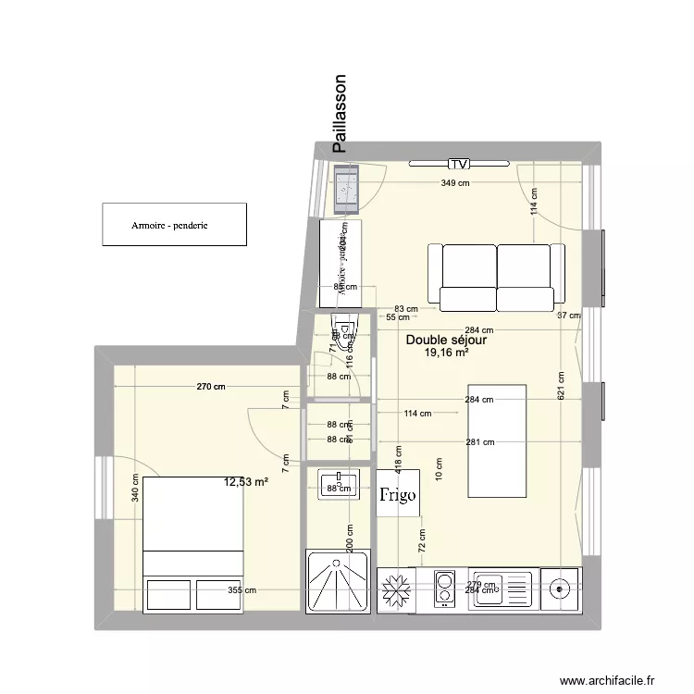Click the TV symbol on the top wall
pyautogui.click(x=458, y=164)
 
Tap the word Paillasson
pyautogui.click(x=340, y=113)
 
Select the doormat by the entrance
pyautogui.click(x=347, y=185)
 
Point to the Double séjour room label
pyautogui.click(x=446, y=341)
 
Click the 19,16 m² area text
pyautogui.click(x=446, y=353)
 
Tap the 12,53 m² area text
pyautogui.click(x=245, y=481)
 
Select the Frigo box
pyautogui.click(x=398, y=494)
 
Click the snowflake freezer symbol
pyautogui.click(x=397, y=589)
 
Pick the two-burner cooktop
pyautogui.click(x=444, y=589)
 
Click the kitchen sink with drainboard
pyautogui.click(x=502, y=589)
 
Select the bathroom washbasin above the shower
pyautogui.click(x=338, y=482)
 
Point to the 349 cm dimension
pyautogui.click(x=454, y=183)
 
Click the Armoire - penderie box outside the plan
pyautogui.click(x=174, y=225)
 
